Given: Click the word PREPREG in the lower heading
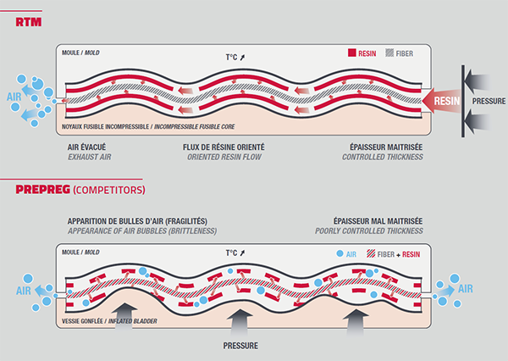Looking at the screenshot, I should [x=37, y=188].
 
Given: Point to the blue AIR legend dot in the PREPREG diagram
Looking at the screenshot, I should [x=340, y=253].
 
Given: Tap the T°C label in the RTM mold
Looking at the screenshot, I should [x=235, y=58].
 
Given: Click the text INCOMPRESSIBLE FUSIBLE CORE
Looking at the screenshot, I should [x=185, y=128].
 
